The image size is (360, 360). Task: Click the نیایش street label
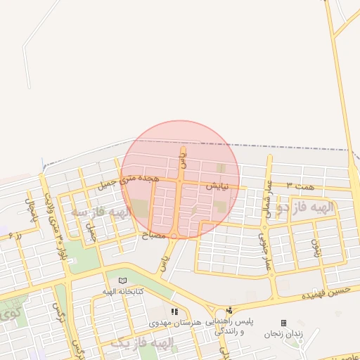[x=218, y=187]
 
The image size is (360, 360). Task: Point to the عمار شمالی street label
[x=268, y=198]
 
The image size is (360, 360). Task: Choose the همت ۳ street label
[x=304, y=185]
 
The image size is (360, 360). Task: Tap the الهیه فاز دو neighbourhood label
[x=316, y=208]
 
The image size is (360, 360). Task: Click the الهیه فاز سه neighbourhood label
[x=101, y=212]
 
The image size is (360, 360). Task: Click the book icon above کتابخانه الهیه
[x=123, y=280]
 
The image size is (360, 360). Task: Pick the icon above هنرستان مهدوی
[x=174, y=311]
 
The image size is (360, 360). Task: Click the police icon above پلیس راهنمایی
[x=229, y=310]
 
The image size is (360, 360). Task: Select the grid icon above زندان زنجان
[x=283, y=323]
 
